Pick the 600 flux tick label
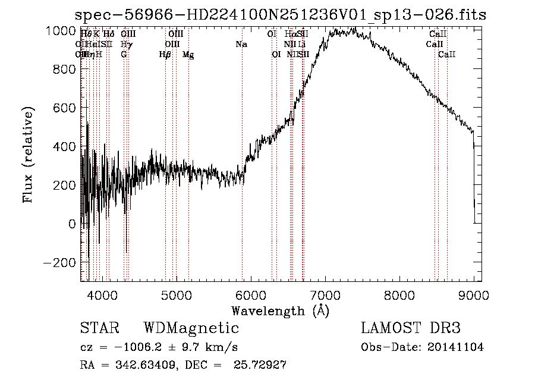64,108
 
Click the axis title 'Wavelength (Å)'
280,310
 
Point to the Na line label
241,45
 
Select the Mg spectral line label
188,55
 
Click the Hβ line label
165,55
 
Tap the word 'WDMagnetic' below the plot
191,328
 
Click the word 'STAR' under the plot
99,328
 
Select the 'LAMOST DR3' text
411,328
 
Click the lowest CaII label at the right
446,55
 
